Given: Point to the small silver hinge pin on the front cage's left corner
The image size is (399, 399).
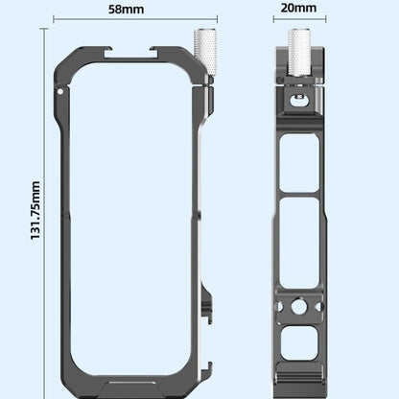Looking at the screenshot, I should pyautogui.click(x=61, y=92).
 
